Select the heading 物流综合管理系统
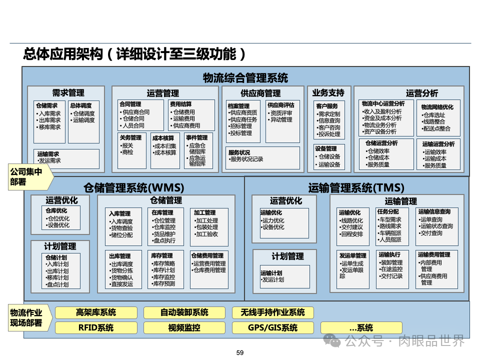point(245,77)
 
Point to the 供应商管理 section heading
point(260,93)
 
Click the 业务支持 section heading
point(328,93)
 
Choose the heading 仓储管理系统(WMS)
point(134,188)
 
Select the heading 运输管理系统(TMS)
point(356,188)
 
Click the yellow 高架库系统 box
point(96,312)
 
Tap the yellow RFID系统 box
point(96,328)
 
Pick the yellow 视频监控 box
point(184,328)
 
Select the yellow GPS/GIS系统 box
point(272,328)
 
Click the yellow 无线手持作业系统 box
point(272,312)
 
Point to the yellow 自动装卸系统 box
point(184,312)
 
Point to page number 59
point(239,353)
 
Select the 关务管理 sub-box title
point(130,137)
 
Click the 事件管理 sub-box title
point(196,137)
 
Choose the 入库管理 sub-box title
point(120,213)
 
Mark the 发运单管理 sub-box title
point(352,255)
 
